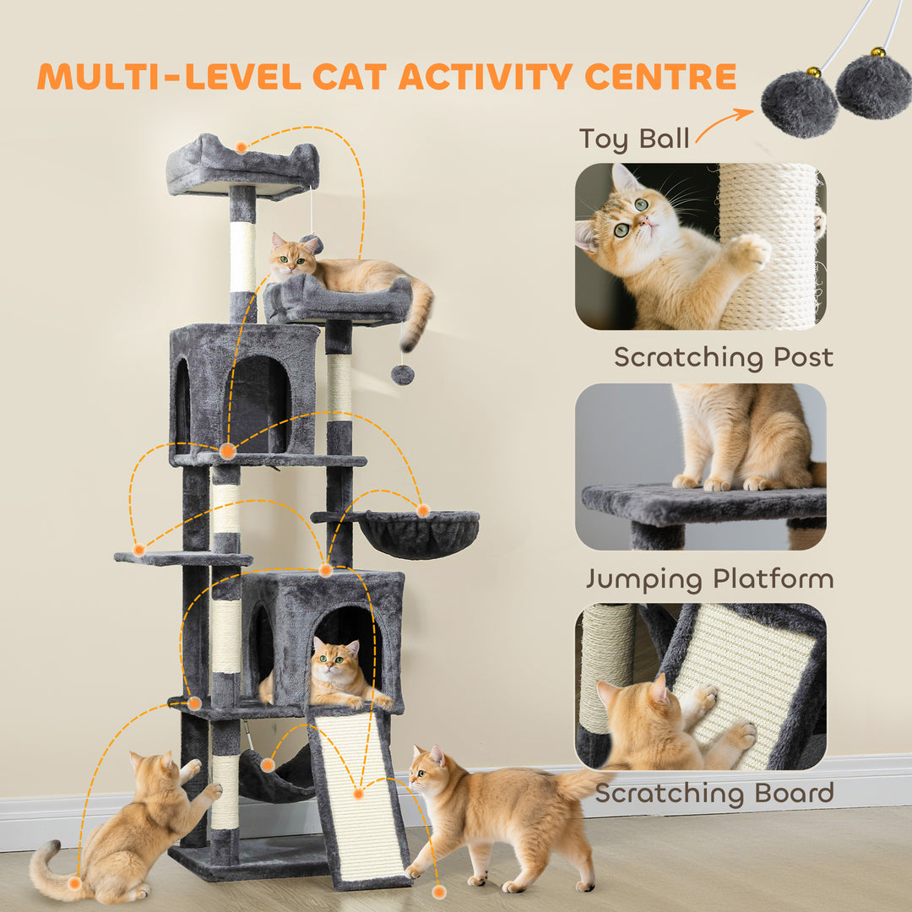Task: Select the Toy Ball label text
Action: [x=633, y=138]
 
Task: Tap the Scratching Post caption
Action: [x=723, y=357]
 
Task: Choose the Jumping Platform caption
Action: [x=709, y=579]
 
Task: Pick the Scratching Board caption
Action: [x=714, y=793]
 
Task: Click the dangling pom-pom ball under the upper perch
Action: [x=402, y=374]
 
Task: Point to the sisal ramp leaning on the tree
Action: [x=359, y=798]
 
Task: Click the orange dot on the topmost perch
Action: [x=242, y=148]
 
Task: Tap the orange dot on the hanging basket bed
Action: [x=422, y=510]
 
